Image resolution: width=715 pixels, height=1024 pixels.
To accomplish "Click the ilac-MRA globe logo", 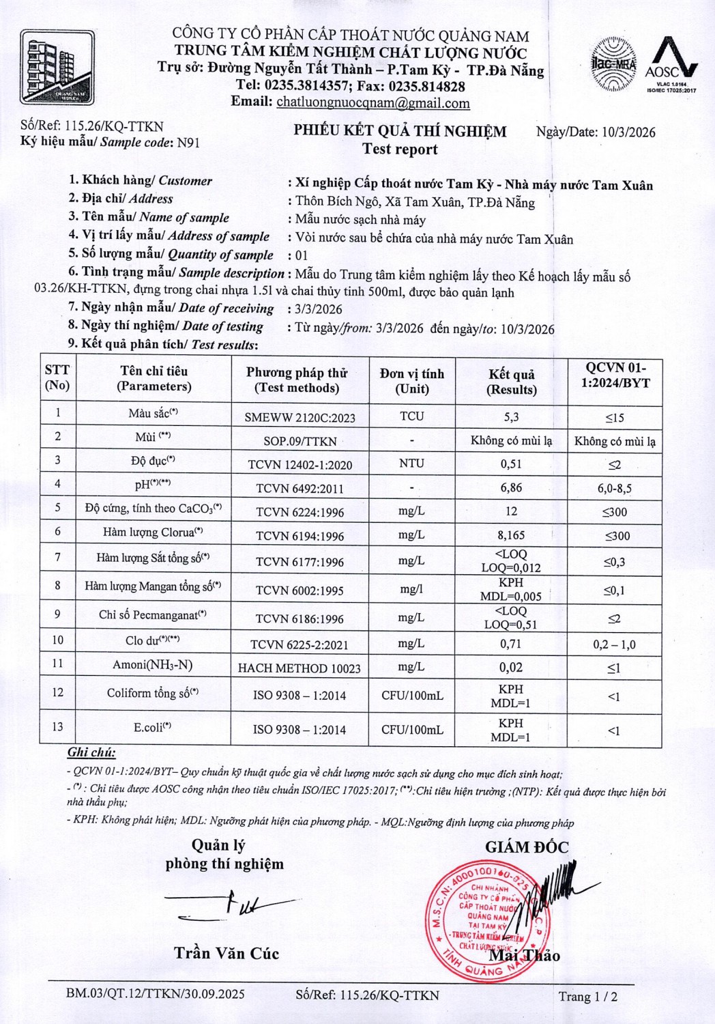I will tap(612, 65).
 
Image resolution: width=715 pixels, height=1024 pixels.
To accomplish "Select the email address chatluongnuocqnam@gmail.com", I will tap(373, 103).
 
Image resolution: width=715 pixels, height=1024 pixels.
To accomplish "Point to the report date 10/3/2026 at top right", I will tap(628, 132).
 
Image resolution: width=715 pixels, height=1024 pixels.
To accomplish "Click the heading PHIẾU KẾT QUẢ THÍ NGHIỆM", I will tap(400, 131).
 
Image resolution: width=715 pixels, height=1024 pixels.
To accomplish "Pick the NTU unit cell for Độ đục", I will tap(411, 464).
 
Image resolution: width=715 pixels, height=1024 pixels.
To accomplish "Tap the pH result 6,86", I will tap(510, 487).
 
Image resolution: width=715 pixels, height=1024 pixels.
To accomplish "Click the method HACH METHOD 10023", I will tap(299, 668).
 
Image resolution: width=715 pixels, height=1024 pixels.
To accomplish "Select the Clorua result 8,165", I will tap(510, 535).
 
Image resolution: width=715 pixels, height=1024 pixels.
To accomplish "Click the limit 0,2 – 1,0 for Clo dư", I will tap(614, 644).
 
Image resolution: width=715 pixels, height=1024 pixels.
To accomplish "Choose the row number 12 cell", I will tap(57, 692).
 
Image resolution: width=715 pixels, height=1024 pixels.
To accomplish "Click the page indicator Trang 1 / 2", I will tap(587, 996).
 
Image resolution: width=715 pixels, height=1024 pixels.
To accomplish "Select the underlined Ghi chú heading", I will tap(91, 753).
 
